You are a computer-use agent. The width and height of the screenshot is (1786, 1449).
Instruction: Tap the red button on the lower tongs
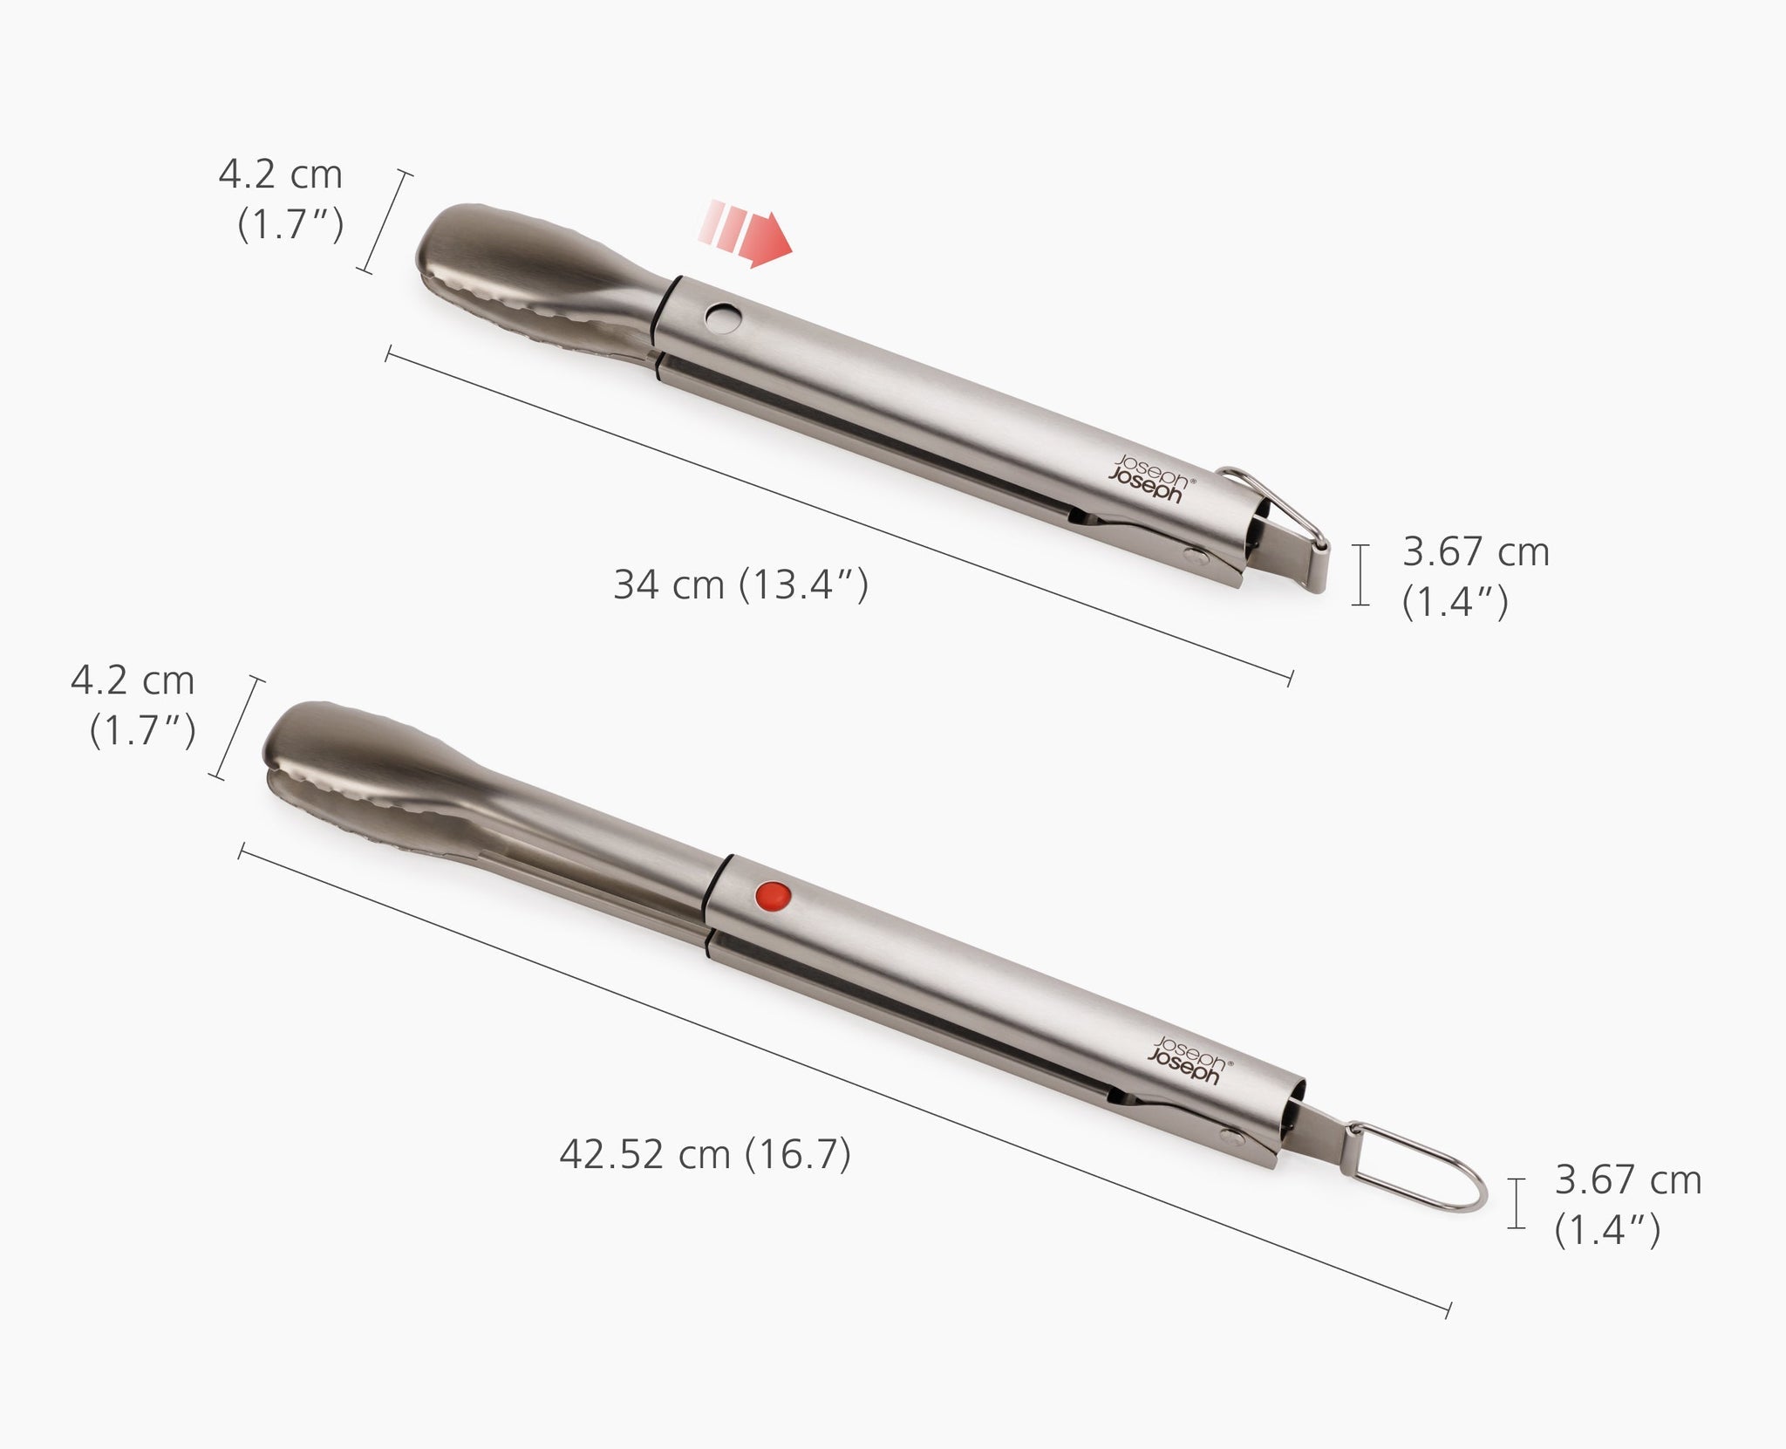point(773,896)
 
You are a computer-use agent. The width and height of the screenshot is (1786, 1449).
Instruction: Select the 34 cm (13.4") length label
point(740,584)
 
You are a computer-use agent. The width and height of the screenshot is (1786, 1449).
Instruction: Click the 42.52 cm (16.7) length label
point(705,1155)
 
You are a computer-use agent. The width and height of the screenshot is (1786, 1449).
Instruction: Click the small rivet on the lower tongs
point(1232,1136)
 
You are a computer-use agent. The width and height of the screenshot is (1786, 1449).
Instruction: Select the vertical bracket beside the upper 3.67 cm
point(1359,574)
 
